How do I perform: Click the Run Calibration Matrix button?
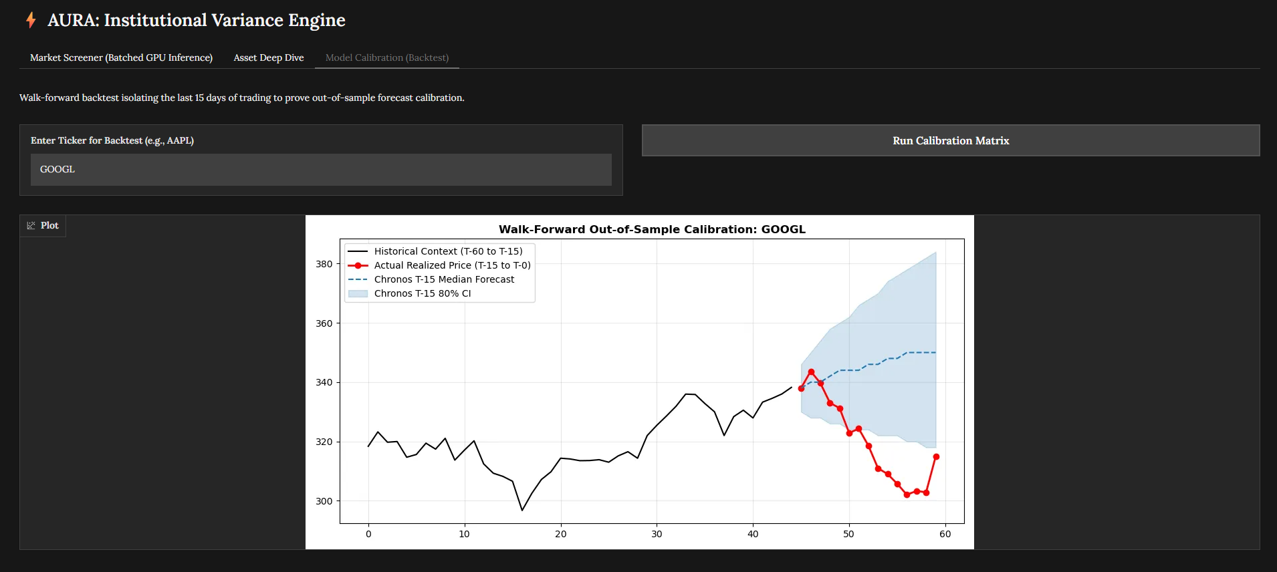point(950,140)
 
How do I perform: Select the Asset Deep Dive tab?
point(269,57)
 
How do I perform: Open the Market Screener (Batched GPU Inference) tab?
point(121,57)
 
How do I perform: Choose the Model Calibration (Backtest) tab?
point(387,57)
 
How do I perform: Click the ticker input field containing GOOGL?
point(321,170)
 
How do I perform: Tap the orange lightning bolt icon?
point(31,20)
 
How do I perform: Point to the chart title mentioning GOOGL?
point(652,229)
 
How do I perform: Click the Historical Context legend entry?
point(448,251)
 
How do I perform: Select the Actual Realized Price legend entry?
point(452,265)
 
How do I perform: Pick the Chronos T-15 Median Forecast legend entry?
point(444,279)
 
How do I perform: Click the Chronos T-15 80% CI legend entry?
point(422,293)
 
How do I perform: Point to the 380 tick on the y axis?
point(324,264)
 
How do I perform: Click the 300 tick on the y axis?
point(324,501)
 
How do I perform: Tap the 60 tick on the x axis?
point(945,534)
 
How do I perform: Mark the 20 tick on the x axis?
point(560,534)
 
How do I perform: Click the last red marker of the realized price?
point(936,457)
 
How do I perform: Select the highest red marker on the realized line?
point(811,372)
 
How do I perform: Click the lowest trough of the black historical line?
point(522,511)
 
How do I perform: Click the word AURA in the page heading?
point(73,20)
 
